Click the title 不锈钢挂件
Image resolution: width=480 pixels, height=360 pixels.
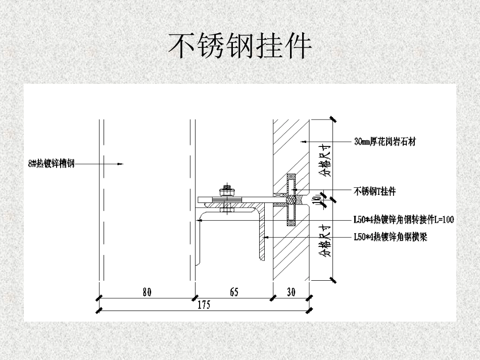(239, 46)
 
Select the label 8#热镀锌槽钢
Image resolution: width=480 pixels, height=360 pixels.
(52, 163)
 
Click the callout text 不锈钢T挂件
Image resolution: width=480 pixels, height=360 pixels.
(374, 191)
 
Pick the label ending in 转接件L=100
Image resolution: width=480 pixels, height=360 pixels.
(404, 219)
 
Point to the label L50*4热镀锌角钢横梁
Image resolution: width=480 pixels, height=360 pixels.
(390, 237)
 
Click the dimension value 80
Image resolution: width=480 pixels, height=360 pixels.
(147, 292)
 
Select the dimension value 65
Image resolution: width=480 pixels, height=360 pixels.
(234, 292)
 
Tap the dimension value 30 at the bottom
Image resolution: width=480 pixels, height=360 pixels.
(292, 292)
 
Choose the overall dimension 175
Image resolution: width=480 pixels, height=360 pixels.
(204, 304)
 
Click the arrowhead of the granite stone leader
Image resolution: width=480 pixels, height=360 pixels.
(303, 142)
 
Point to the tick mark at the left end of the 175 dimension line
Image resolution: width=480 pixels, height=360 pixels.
(99, 310)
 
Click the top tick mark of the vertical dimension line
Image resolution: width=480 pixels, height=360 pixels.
(332, 119)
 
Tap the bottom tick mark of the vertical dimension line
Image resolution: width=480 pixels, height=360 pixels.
(332, 279)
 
